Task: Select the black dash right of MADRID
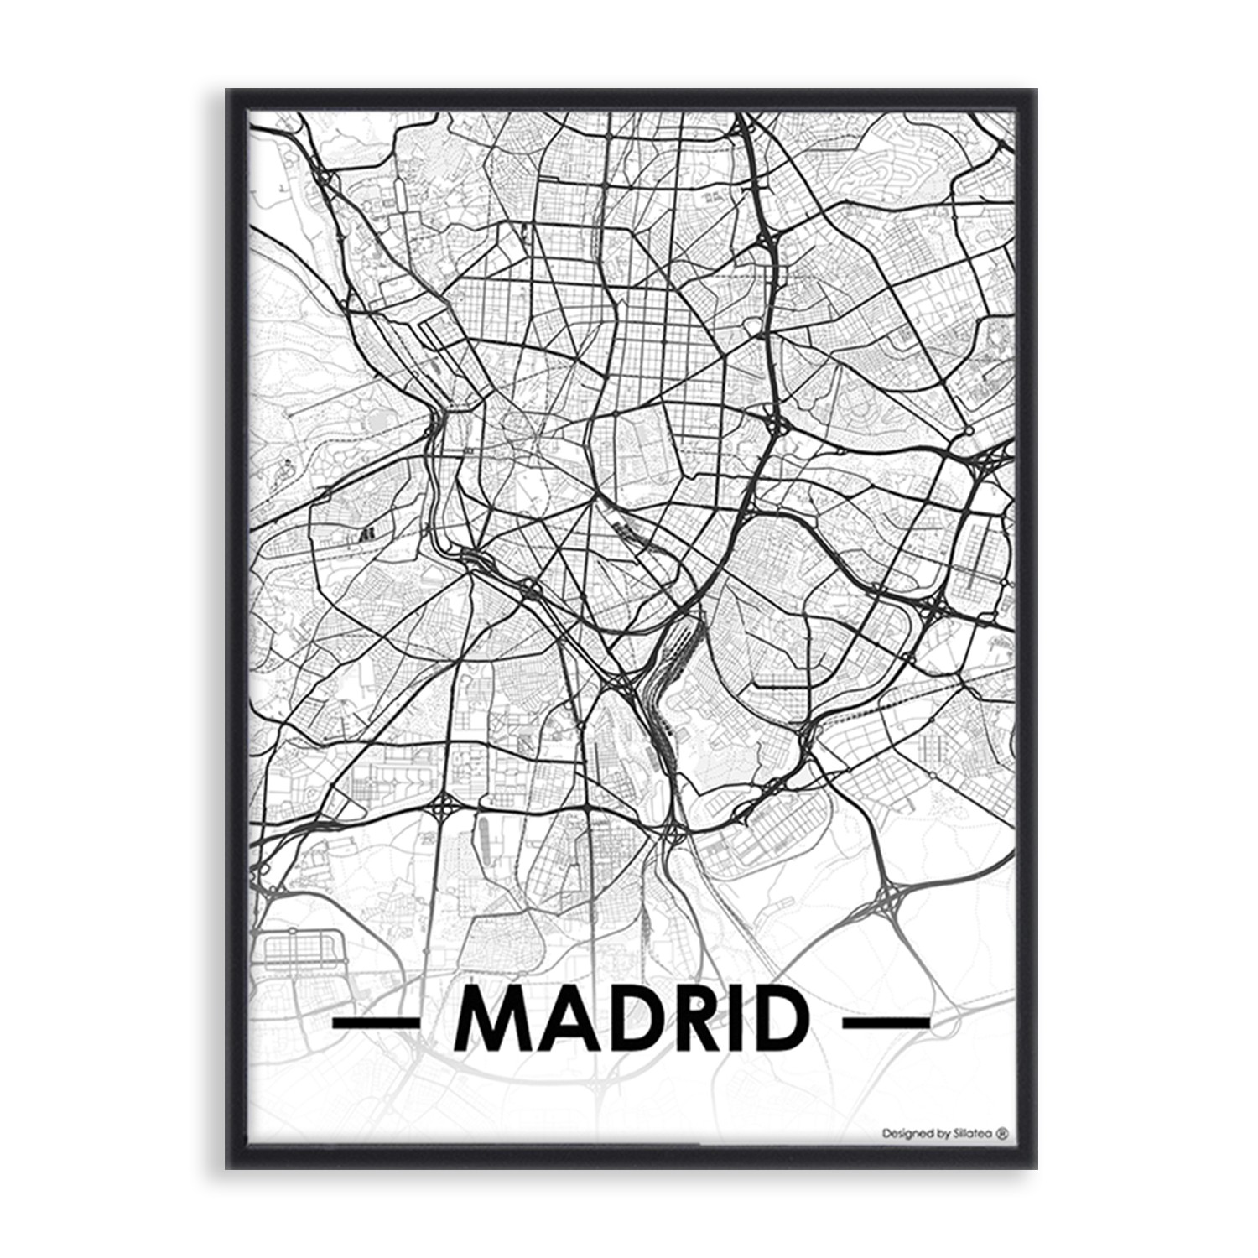[x=886, y=1022]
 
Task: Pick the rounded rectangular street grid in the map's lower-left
[x=302, y=952]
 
